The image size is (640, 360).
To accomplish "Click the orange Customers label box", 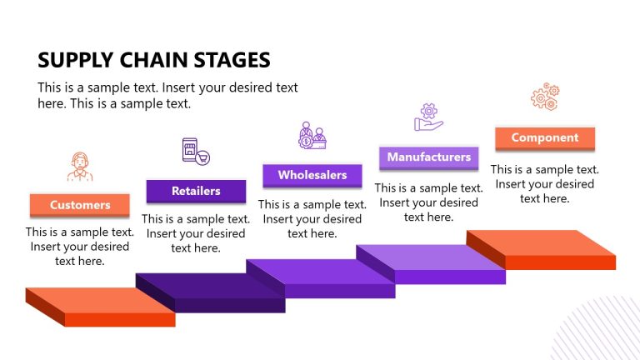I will point(80,205).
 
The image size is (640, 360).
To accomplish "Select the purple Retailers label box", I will point(196,191).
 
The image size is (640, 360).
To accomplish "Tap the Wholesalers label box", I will point(312,175).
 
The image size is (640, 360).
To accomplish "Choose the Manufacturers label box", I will point(428,157).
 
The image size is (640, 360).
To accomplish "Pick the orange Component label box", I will point(544,138).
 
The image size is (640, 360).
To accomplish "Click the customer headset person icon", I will point(80,167).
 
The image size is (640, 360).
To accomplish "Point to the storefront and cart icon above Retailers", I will point(195,151).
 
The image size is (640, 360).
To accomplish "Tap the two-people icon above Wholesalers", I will point(312,135).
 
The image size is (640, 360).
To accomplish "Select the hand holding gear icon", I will point(428,117).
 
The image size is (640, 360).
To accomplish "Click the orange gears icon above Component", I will point(545,97).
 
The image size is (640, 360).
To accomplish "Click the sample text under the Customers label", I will point(79,247).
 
